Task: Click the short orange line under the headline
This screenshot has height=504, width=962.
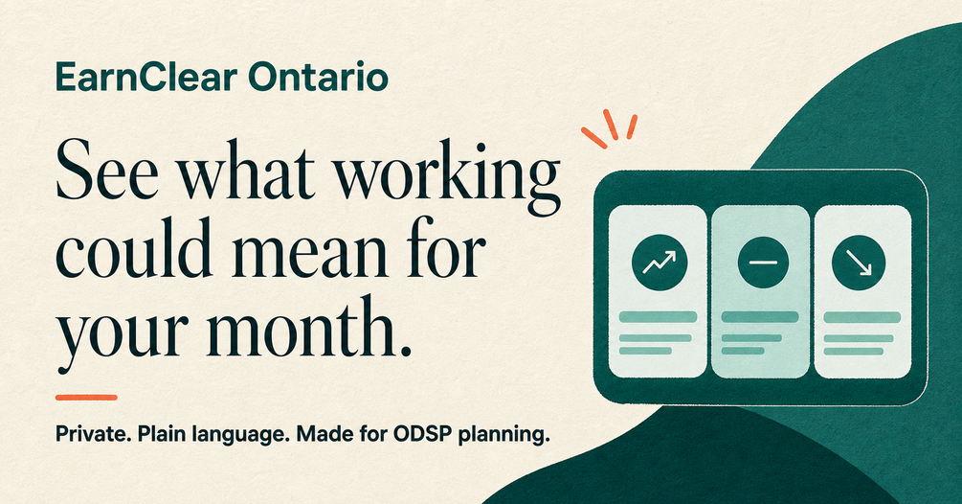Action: pyautogui.click(x=86, y=398)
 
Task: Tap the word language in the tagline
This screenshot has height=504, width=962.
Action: pyautogui.click(x=242, y=436)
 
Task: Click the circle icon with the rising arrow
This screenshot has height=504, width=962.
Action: pyautogui.click(x=660, y=263)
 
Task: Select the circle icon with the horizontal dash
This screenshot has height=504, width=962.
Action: pyautogui.click(x=763, y=263)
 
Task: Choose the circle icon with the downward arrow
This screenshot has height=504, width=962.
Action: pyautogui.click(x=859, y=263)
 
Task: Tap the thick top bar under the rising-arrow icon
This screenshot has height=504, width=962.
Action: pyautogui.click(x=658, y=317)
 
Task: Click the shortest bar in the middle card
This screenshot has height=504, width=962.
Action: pyautogui.click(x=743, y=351)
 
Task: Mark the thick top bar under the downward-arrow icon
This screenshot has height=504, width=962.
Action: pyautogui.click(x=862, y=317)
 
